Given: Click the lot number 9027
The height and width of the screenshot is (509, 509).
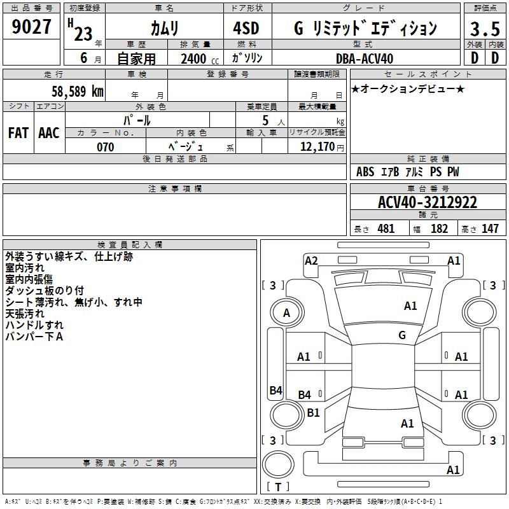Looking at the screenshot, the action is coord(32,27).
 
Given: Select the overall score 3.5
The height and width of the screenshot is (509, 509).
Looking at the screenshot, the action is coord(483,29).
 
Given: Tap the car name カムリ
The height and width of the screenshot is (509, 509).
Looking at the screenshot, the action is coord(164,29).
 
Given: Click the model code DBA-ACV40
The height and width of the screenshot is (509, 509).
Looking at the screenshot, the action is coord(365,59).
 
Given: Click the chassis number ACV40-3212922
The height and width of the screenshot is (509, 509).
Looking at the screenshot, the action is coord(427,202).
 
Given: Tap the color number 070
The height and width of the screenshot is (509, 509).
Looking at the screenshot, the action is coord(105,147).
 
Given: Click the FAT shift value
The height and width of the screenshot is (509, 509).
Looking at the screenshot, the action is coord(18,133).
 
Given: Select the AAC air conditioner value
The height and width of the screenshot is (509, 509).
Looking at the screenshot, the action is coord(49,133).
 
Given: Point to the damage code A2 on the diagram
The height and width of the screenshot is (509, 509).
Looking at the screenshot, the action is coord(311,260).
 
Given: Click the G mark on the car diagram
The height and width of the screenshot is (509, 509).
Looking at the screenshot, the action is coord(402,335).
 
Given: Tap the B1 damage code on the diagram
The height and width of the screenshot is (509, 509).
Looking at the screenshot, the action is coord(313,412).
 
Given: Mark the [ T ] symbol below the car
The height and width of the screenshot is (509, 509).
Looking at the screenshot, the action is coord(278,487).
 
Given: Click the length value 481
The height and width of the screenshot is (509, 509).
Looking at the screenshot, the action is coord(386,228).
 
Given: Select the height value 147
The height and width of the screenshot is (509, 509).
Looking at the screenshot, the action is coord(490,228).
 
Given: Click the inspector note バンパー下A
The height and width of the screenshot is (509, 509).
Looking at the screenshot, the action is coord(34,335).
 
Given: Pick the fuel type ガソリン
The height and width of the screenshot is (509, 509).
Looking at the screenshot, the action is coord(248,59).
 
